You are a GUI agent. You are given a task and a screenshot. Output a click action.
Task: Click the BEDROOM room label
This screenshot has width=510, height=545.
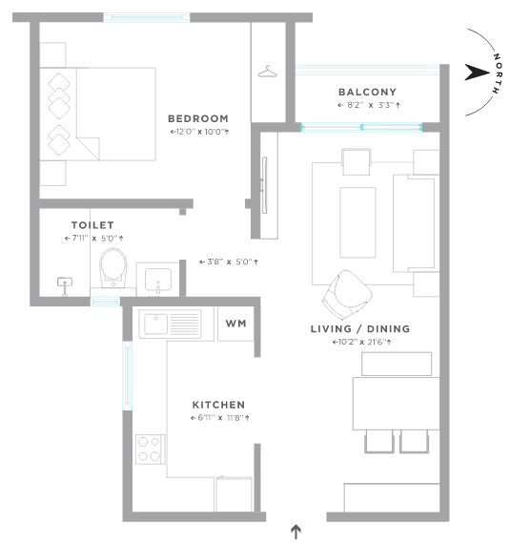point(197,119)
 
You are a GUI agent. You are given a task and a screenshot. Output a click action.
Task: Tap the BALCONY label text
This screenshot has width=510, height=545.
point(366,93)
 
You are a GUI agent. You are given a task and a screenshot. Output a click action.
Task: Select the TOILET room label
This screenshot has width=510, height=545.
point(93,224)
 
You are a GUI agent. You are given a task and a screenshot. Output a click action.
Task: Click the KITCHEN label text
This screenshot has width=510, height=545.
point(218,405)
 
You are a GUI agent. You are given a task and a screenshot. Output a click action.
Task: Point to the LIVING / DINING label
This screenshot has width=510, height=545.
point(365,329)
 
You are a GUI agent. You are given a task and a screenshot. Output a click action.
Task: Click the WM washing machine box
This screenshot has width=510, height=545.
point(235,324)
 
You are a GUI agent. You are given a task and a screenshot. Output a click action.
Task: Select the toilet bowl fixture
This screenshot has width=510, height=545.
point(113,268)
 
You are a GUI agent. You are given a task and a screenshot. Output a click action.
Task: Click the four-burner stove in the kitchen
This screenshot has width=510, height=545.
point(150,448)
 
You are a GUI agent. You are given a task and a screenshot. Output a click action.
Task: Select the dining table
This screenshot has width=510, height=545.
point(394,404)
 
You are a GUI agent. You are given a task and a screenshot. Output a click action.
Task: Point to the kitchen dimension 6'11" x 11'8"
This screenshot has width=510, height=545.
point(218,418)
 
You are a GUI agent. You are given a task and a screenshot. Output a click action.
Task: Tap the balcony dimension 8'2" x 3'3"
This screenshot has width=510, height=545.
point(367,105)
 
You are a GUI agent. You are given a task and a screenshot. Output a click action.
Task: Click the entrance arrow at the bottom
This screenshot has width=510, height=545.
point(296,531)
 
